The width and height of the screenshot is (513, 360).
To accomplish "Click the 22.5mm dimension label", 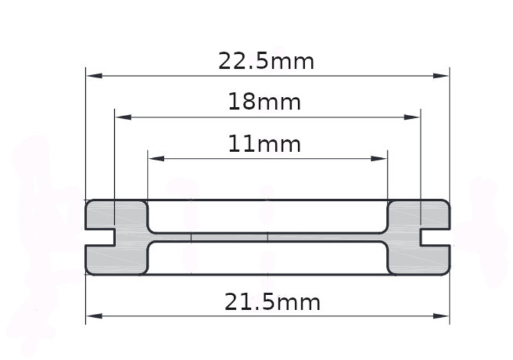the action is point(266,61).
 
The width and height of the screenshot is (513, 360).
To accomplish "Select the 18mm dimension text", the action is point(264,101).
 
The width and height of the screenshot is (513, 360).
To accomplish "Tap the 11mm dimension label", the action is point(264,144).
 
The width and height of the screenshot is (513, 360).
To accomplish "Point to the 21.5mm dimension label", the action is point(272,302).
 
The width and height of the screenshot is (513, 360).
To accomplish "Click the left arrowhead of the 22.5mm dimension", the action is point(94,76).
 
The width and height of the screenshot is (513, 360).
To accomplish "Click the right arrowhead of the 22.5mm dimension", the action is point(441,76).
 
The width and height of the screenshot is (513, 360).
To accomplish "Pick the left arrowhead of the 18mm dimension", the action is point(123,117).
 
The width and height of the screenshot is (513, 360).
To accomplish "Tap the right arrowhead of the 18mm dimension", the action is point(412,117).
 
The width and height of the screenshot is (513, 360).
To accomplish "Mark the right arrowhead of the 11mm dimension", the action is point(379,159).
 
